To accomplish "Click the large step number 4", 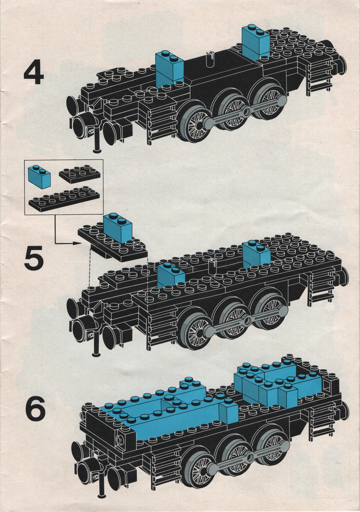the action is [34, 74].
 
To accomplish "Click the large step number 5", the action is [34, 258].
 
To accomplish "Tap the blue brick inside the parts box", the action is [39, 176].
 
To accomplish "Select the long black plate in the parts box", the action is [64, 199].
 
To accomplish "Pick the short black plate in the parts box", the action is [80, 174].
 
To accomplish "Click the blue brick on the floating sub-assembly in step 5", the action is [117, 228].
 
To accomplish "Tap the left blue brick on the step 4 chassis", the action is [170, 68].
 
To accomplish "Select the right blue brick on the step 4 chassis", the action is [256, 42].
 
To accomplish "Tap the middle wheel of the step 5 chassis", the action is [233, 319].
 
